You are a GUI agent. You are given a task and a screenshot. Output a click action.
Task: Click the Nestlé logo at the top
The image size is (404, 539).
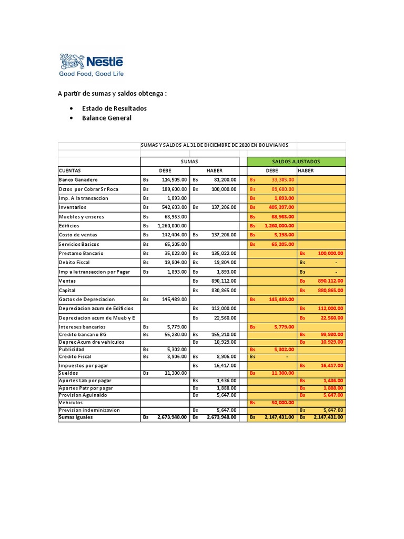(92, 65)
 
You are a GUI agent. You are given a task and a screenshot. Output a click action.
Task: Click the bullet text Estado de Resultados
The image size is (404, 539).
(114, 108)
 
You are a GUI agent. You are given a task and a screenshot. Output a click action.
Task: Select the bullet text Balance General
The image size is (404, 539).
(107, 118)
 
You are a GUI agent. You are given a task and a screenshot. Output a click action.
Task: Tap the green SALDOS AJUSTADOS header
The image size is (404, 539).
(296, 162)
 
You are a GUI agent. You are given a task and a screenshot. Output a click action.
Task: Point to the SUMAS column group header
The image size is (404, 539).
(189, 162)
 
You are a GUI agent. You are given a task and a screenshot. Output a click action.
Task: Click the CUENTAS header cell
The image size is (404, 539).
(70, 171)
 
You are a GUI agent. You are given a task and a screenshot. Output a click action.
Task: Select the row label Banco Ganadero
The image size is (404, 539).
(78, 179)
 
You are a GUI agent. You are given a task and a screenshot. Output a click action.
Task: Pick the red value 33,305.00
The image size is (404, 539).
(283, 179)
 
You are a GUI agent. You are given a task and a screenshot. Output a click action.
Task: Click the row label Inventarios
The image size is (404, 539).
(73, 207)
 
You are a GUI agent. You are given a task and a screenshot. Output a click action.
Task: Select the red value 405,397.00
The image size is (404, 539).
(281, 207)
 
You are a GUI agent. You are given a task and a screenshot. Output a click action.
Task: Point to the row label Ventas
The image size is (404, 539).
(67, 281)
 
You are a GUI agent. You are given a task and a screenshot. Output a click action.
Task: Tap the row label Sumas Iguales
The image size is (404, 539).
(76, 417)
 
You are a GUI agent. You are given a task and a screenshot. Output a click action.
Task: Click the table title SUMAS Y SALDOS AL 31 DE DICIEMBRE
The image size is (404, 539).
(217, 145)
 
